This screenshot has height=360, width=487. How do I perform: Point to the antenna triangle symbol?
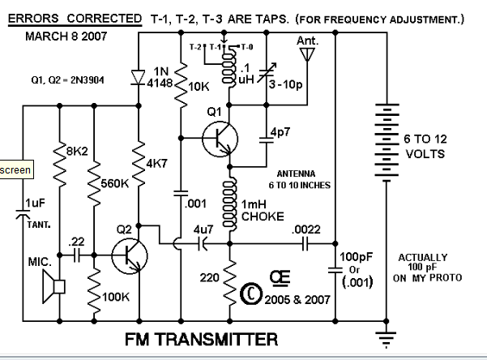(x=307, y=54)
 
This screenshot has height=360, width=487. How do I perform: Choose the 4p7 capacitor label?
(x=281, y=131)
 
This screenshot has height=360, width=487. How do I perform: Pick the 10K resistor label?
(x=199, y=87)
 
